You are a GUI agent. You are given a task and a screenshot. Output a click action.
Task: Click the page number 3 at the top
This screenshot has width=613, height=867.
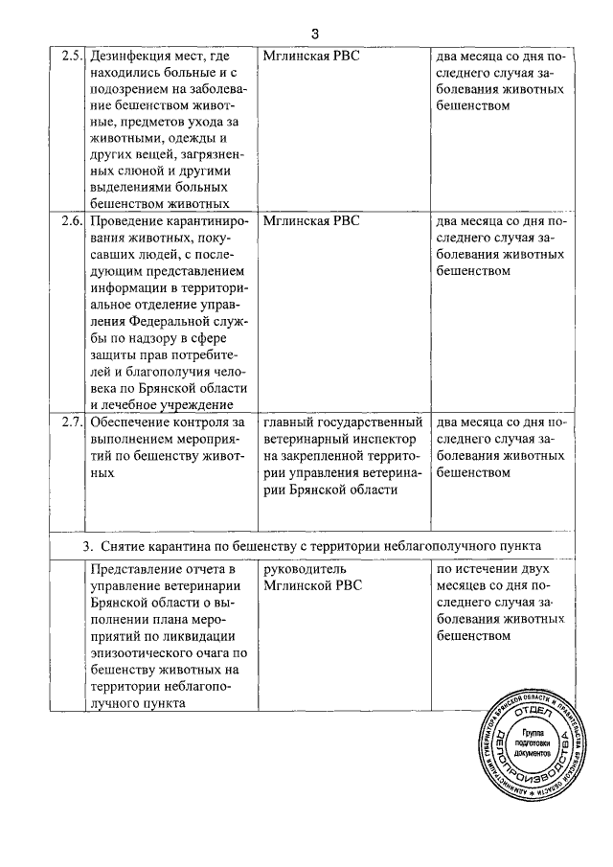click(x=314, y=35)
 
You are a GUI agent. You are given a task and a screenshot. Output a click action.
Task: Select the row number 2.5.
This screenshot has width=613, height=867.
click(x=71, y=55)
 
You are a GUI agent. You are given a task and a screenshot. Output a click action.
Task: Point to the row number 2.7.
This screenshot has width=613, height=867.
click(x=71, y=422)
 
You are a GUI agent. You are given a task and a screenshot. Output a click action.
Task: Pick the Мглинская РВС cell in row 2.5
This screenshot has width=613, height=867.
click(x=310, y=55)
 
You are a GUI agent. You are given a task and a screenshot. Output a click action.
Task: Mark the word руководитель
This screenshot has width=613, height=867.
click(x=304, y=568)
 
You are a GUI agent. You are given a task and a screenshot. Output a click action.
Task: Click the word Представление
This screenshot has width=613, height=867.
click(x=136, y=568)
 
